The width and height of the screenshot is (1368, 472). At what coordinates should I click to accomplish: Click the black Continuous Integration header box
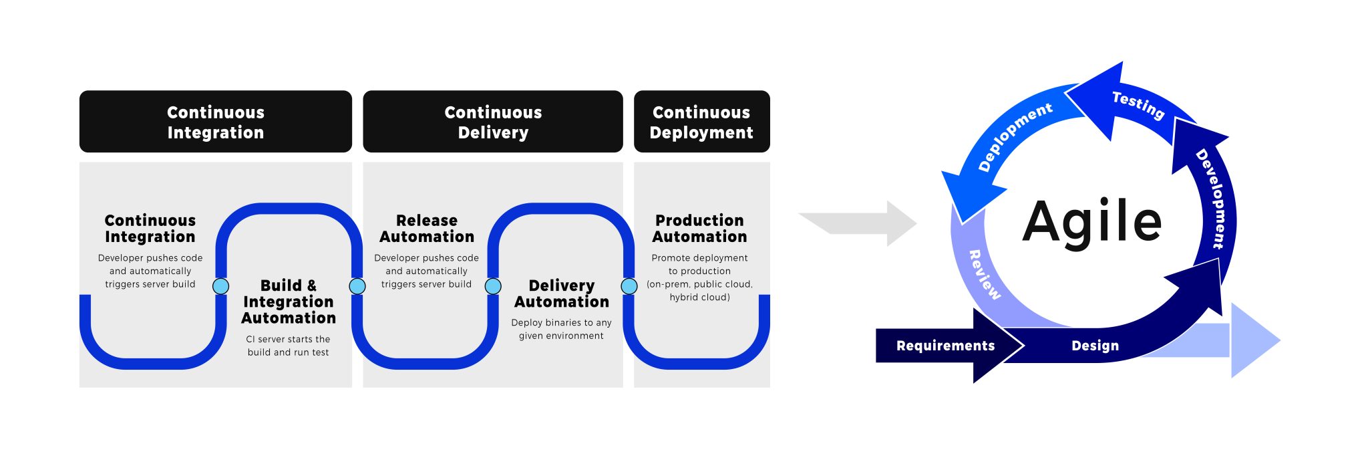pyautogui.click(x=215, y=122)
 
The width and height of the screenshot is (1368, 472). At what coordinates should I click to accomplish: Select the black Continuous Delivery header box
pyautogui.click(x=493, y=122)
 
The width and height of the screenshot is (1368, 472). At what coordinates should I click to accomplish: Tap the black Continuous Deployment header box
pyautogui.click(x=701, y=122)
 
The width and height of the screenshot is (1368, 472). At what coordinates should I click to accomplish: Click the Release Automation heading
pyautogui.click(x=427, y=229)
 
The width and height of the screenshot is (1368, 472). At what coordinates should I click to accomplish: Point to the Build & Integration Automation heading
pyautogui.click(x=289, y=302)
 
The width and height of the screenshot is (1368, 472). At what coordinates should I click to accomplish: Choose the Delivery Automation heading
pyautogui.click(x=561, y=293)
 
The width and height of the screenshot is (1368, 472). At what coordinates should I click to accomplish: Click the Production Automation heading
pyautogui.click(x=699, y=229)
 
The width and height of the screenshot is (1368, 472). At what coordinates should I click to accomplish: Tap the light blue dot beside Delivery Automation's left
pyautogui.click(x=493, y=286)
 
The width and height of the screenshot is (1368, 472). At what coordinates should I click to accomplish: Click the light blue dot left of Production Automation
pyautogui.click(x=629, y=286)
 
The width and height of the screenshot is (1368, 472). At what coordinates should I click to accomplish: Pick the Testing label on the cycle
pyautogui.click(x=1138, y=105)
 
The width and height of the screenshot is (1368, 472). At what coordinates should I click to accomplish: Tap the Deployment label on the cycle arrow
pyautogui.click(x=1015, y=137)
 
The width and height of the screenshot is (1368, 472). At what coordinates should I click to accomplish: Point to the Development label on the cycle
pyautogui.click(x=1214, y=199)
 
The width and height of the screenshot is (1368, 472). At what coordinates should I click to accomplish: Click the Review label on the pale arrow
pyautogui.click(x=985, y=274)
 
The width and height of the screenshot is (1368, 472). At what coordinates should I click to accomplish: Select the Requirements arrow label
pyautogui.click(x=945, y=346)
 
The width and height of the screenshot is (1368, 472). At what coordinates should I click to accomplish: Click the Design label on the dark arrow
pyautogui.click(x=1095, y=346)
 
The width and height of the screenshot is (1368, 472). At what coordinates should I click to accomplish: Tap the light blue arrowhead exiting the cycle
pyautogui.click(x=1252, y=340)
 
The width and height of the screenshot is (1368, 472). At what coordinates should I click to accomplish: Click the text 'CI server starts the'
pyautogui.click(x=288, y=339)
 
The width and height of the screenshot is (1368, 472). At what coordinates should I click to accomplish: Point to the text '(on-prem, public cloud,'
pyautogui.click(x=699, y=284)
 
